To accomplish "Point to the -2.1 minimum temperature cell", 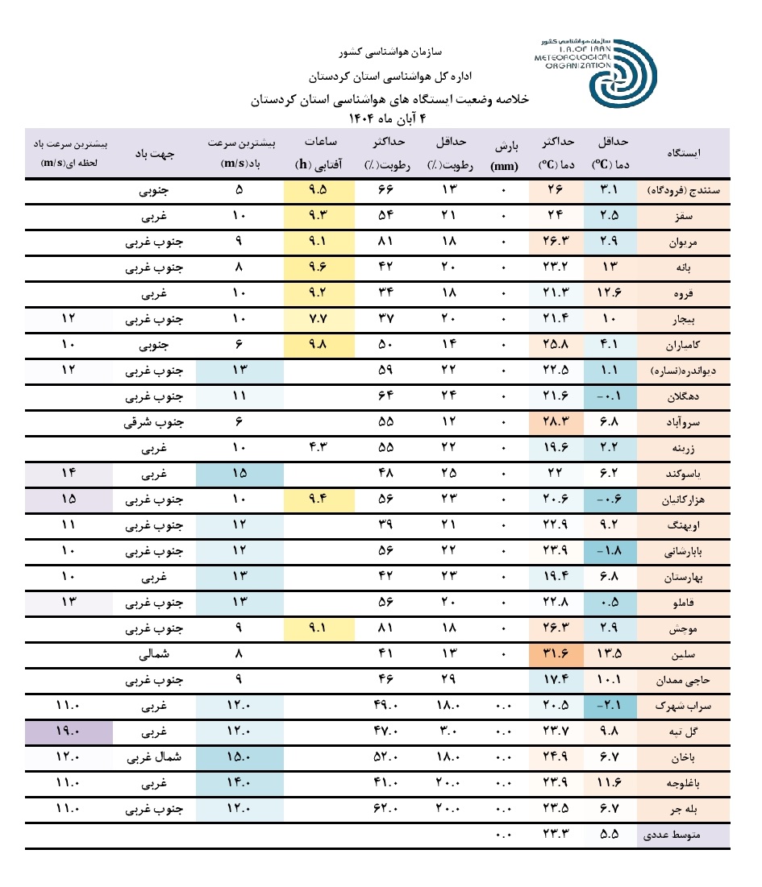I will (x=610, y=706).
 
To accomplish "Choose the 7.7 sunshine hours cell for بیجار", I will (x=319, y=319).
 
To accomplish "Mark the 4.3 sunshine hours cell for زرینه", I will (x=319, y=448).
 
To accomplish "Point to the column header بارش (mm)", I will (x=506, y=152).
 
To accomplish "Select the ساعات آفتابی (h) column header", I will (x=319, y=152).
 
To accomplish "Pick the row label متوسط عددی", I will (x=685, y=835).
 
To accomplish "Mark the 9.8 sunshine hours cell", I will (x=319, y=345).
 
